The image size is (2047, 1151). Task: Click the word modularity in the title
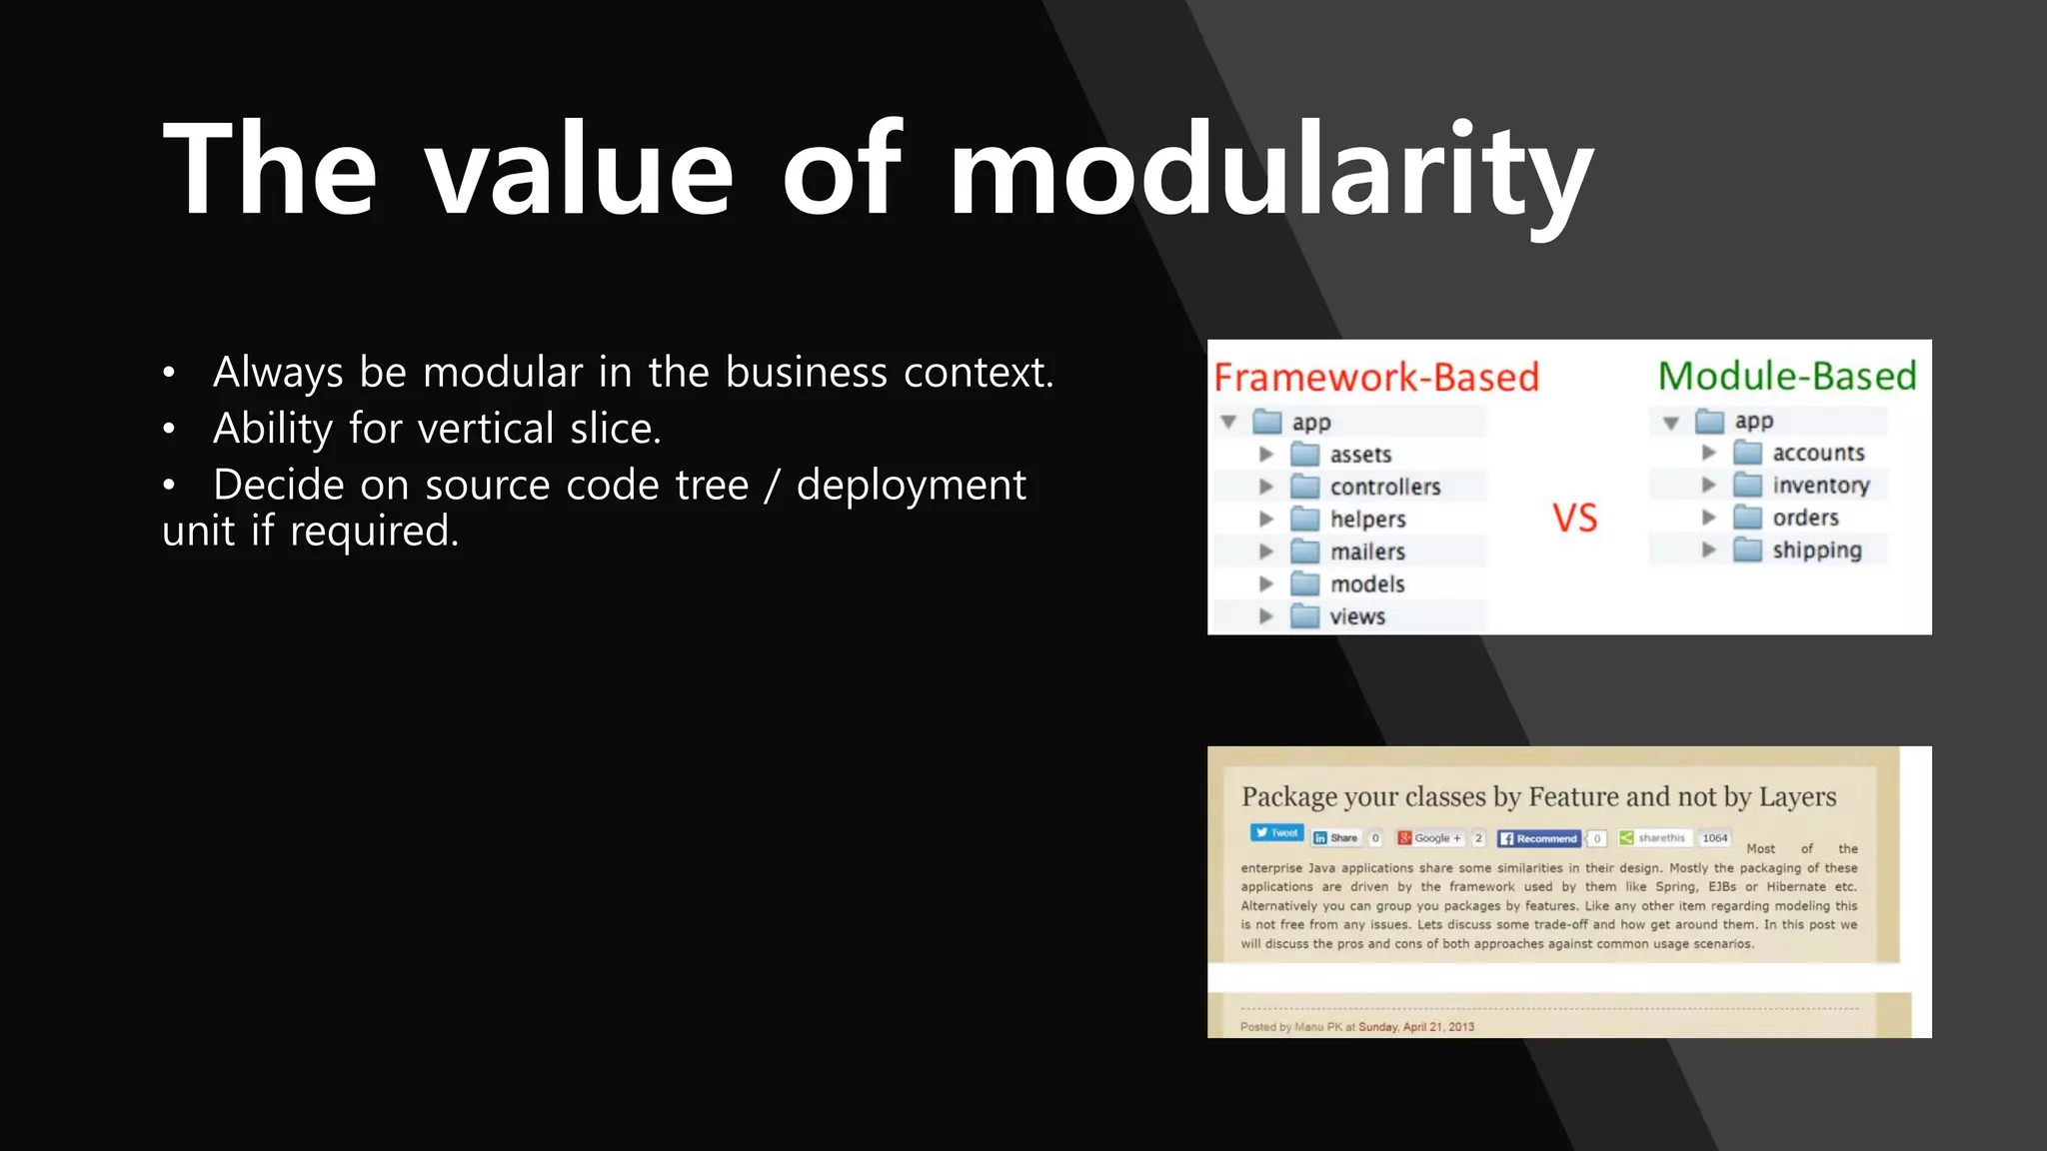tap(1269, 170)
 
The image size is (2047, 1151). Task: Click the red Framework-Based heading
tap(1375, 378)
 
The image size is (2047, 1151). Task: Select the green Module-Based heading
tap(1787, 376)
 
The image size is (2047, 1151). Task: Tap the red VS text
tap(1574, 519)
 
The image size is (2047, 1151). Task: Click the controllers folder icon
tap(1304, 487)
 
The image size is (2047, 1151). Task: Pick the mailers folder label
tap(1367, 552)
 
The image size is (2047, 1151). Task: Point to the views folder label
tap(1357, 616)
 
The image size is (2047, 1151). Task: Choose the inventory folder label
tap(1820, 486)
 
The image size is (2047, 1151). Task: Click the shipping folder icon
tap(1747, 550)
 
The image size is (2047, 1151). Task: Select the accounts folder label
tap(1818, 453)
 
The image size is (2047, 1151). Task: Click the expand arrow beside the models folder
tap(1265, 583)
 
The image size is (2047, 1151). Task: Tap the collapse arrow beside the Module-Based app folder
tap(1670, 423)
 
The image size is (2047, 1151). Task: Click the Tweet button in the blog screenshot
tap(1276, 833)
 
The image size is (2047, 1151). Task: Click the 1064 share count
tap(1714, 838)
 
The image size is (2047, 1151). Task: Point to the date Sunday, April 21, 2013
tap(1415, 1027)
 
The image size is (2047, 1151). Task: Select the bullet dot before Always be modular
tap(169, 374)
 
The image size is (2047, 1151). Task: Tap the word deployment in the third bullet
tap(911, 486)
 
